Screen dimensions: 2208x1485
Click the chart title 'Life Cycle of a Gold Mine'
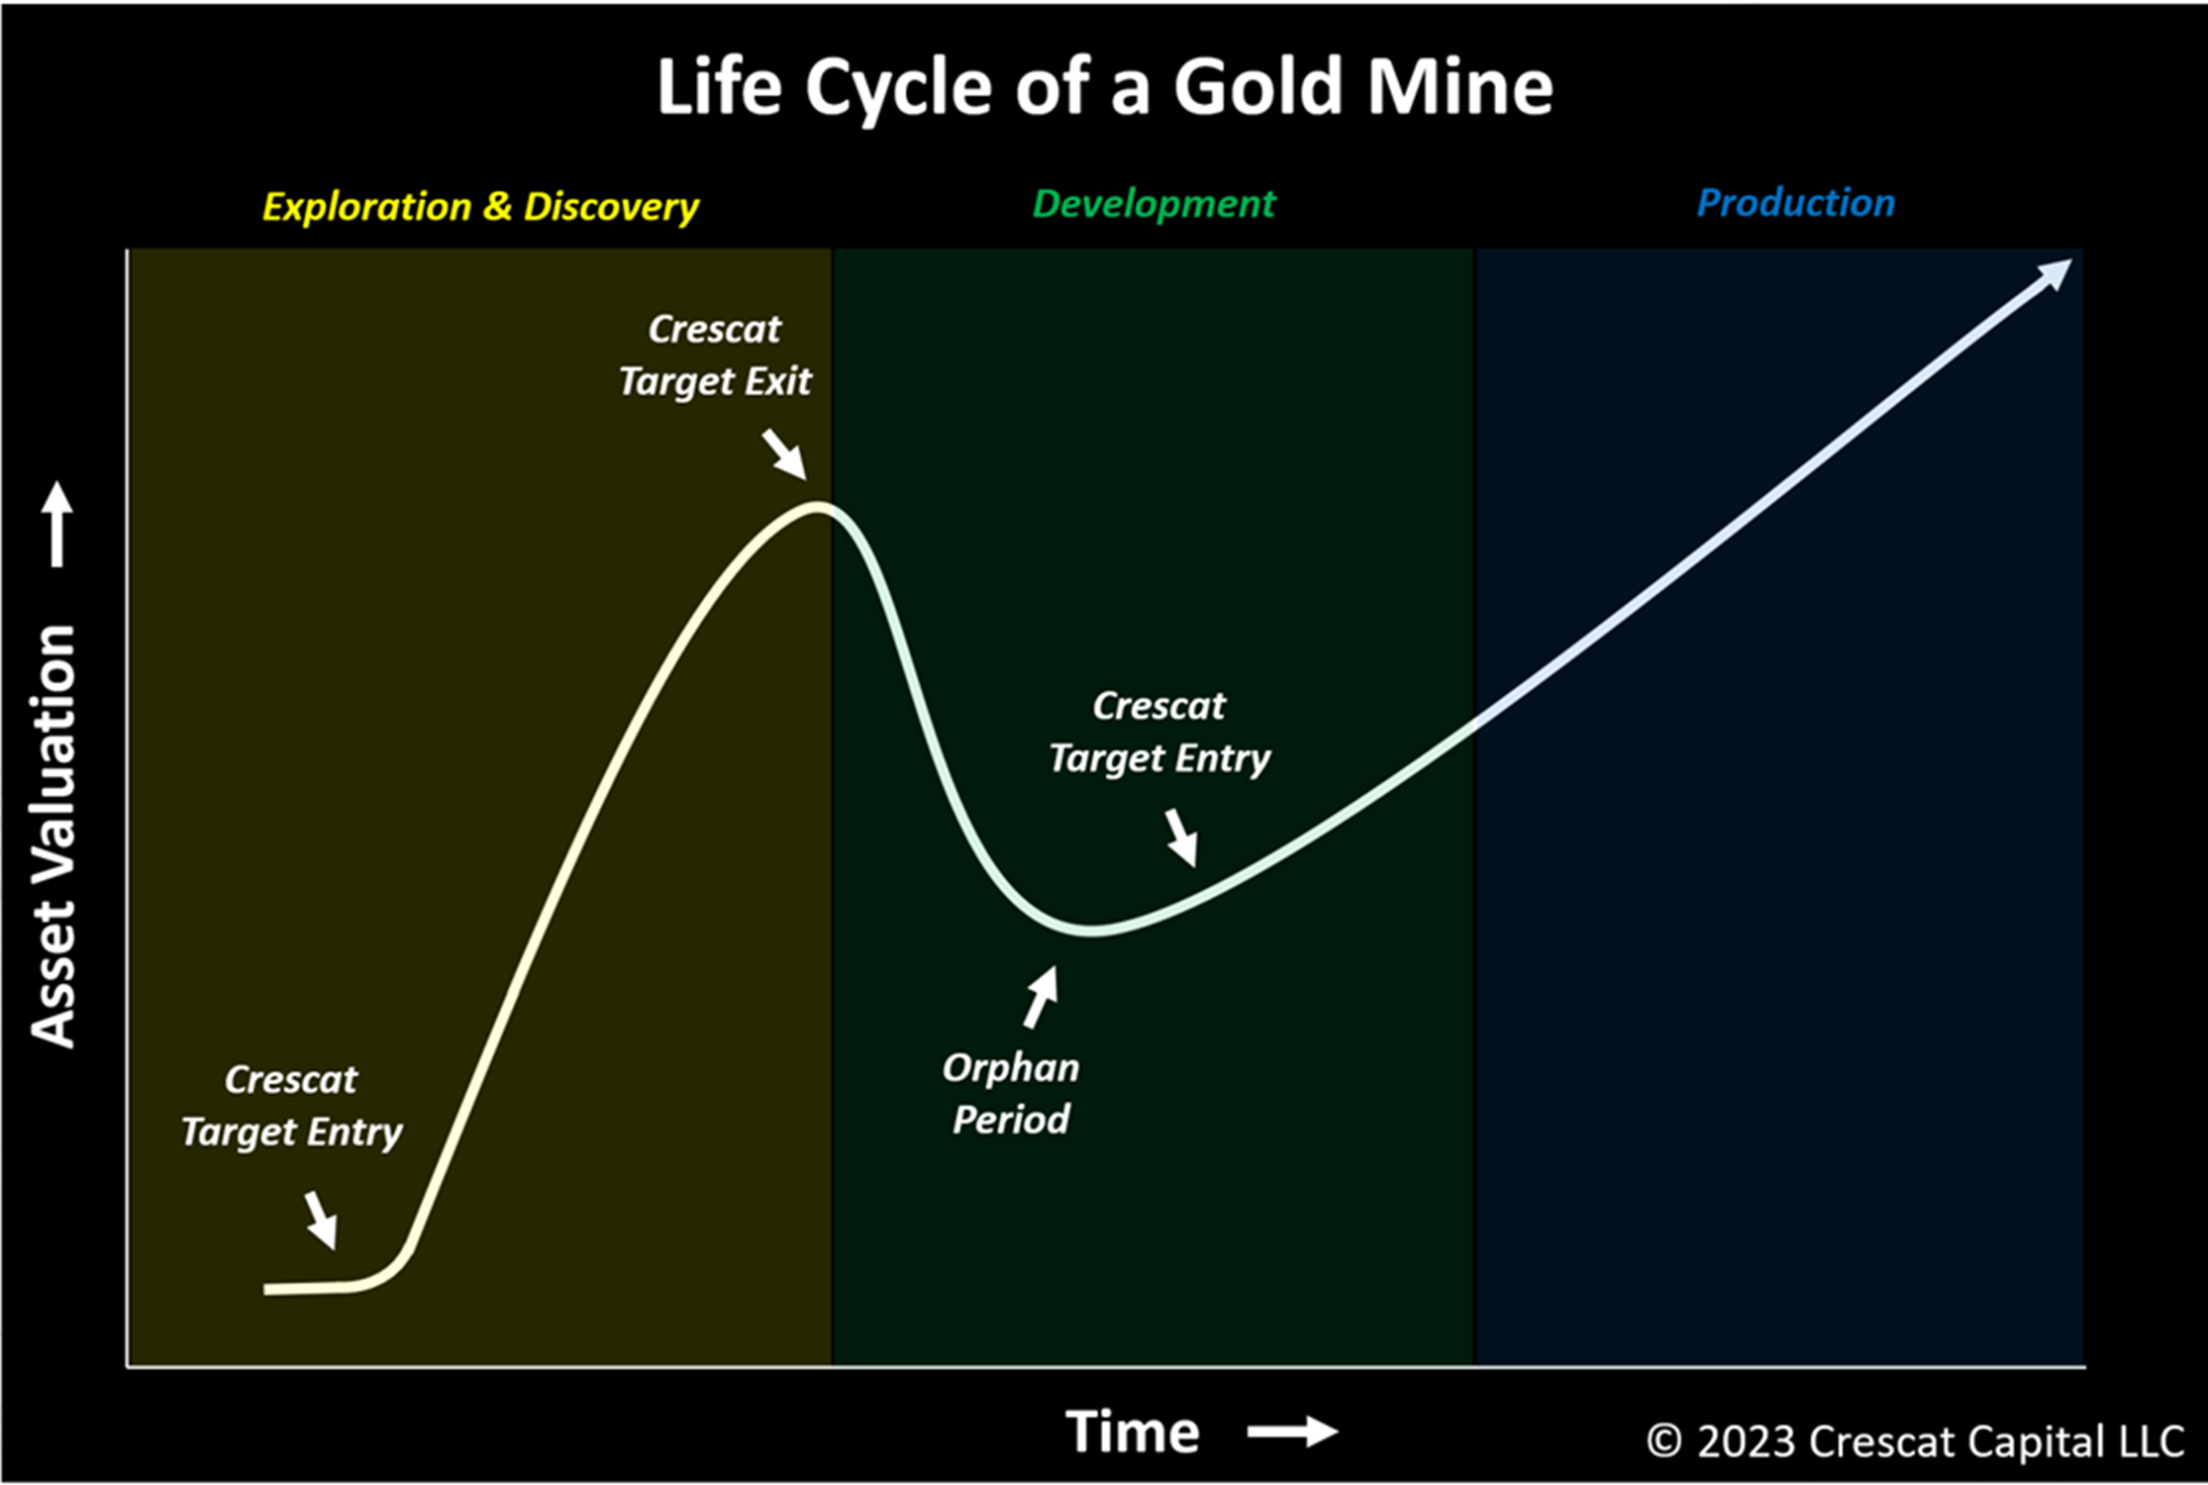pos(1105,87)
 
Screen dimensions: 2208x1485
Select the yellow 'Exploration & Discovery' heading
pos(480,207)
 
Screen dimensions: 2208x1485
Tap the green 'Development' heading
pos(1154,204)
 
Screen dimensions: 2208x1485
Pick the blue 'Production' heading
pos(1796,203)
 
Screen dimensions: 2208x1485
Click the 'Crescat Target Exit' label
pos(715,355)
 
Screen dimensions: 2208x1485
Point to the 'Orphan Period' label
pos(1011,1094)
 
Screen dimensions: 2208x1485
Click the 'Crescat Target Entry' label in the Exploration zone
pos(291,1106)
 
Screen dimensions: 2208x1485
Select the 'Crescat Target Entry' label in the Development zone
pos(1159,733)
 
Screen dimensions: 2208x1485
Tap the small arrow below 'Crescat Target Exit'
pos(785,454)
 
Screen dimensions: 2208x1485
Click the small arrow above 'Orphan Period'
pos(1041,997)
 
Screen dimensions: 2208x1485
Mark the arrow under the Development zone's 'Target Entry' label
pos(1181,838)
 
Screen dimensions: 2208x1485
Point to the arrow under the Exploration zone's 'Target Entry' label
pos(321,1220)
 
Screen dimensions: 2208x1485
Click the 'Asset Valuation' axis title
pos(53,837)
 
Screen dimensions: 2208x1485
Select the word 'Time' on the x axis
pos(1133,1432)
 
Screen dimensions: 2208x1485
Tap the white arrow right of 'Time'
pos(1293,1432)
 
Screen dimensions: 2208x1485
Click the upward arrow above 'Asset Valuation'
pos(57,524)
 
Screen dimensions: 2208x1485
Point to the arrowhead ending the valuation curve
pos(2056,273)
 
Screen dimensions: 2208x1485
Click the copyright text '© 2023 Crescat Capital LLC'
pos(1915,1441)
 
